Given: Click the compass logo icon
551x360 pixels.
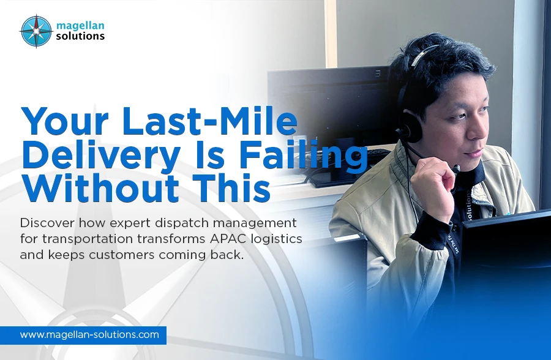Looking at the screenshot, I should [36, 31].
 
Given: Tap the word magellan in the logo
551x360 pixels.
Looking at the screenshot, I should [80, 25].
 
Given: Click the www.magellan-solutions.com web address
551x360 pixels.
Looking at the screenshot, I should [89, 335].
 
